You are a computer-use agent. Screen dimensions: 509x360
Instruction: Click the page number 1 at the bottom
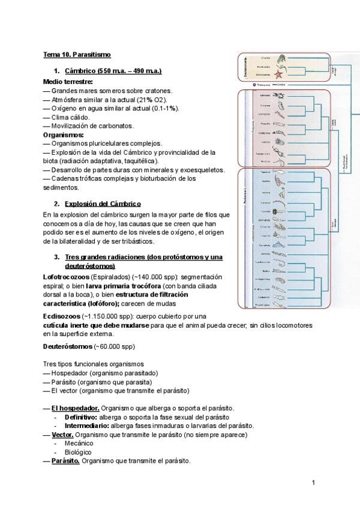[x=313, y=483]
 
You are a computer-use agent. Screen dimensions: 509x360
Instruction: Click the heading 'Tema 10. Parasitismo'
[x=77, y=55]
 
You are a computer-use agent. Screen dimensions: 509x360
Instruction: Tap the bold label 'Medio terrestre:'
[x=68, y=82]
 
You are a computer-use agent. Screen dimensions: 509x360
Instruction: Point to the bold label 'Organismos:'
[x=63, y=135]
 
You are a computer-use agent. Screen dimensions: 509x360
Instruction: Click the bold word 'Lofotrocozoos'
[x=66, y=277]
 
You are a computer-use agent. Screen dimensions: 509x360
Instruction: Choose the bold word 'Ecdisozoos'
[x=62, y=316]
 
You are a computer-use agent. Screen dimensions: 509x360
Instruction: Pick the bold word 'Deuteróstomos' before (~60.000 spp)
[x=67, y=346]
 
